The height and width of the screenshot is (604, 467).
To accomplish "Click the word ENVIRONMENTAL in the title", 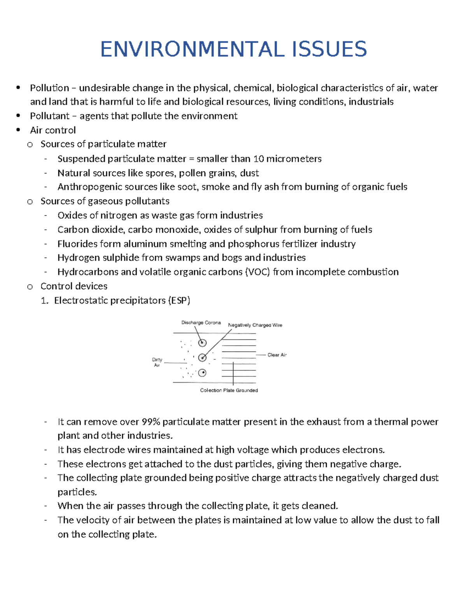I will [191, 49].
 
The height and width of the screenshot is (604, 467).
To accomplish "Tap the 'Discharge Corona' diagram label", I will [201, 323].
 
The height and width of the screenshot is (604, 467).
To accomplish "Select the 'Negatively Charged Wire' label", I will [255, 325].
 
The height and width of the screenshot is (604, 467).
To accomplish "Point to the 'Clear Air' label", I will [277, 355].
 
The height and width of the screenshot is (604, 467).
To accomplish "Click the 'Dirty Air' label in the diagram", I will [157, 362].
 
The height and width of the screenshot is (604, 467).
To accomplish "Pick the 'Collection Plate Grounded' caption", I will [229, 390].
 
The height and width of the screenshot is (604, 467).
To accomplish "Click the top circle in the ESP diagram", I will [202, 343].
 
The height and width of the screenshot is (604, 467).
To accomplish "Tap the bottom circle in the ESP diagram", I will [202, 373].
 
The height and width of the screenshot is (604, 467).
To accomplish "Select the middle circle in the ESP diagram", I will [202, 358].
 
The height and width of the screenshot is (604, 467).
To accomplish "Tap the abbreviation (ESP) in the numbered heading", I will [179, 301].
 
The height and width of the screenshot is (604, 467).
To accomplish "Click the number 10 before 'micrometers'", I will [258, 159].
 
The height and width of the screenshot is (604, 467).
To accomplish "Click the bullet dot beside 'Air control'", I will [18, 130].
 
